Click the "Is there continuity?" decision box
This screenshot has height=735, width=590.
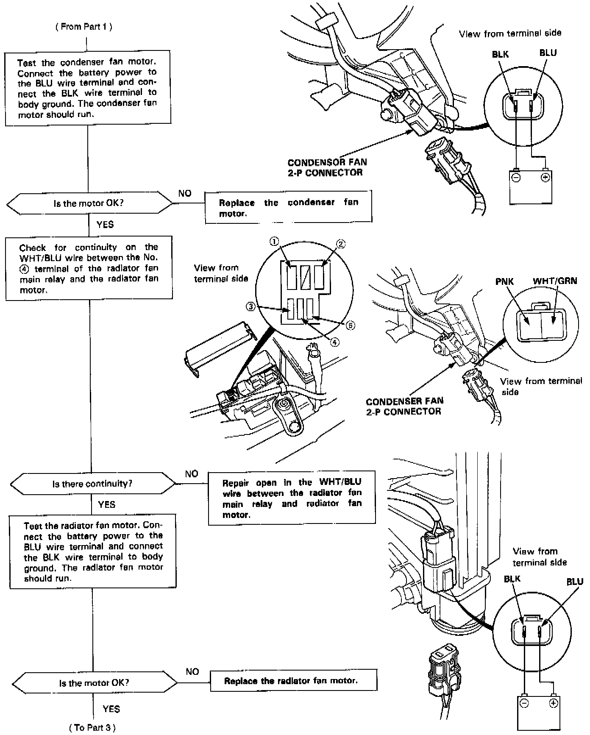[x=92, y=484]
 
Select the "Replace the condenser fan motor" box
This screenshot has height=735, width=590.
[x=288, y=207]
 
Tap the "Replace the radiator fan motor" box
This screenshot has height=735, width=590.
[x=293, y=681]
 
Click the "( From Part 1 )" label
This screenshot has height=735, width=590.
[x=83, y=27]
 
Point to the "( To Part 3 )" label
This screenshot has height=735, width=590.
[x=92, y=727]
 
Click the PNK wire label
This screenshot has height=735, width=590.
[x=504, y=281]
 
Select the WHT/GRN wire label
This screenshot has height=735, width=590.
[x=554, y=281]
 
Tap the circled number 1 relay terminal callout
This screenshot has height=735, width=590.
[x=274, y=242]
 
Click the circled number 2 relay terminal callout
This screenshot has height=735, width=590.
[x=341, y=244]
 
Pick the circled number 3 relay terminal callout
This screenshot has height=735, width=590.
[x=251, y=306]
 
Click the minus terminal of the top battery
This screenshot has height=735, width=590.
[x=516, y=177]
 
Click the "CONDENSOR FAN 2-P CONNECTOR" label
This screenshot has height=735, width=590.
[x=327, y=167]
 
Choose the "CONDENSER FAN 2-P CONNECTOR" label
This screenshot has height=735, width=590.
[x=404, y=406]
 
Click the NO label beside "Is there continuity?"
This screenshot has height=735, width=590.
[x=192, y=474]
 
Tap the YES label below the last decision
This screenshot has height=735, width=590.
[x=111, y=709]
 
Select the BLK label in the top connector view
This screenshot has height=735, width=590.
[x=500, y=54]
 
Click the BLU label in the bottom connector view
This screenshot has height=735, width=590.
[x=575, y=582]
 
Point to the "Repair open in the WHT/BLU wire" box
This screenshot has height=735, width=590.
[x=292, y=498]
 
